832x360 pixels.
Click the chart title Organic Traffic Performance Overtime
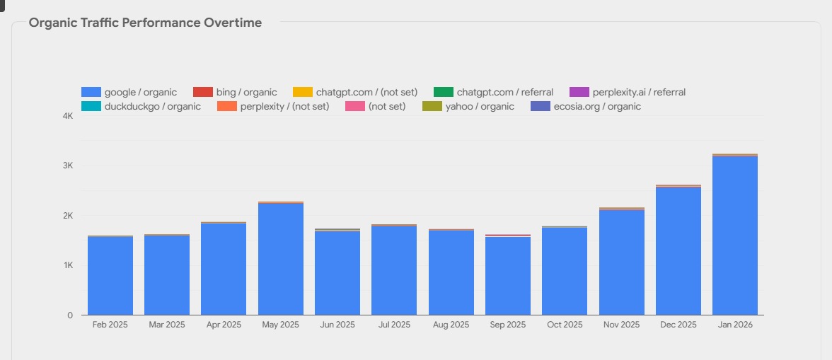145,23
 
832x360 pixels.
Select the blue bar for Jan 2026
735,236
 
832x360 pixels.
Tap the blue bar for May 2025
281,260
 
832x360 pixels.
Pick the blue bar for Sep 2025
508,276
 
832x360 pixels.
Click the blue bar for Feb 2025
110,276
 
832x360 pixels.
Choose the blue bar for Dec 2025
678,251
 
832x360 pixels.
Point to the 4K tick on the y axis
67,116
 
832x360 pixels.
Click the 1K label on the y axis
67,265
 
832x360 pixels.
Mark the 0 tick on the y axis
70,315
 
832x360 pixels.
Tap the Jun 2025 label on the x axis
337,325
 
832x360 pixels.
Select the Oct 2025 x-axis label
565,325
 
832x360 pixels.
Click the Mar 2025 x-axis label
167,325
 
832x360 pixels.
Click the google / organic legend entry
129,92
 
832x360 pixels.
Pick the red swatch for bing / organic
202,92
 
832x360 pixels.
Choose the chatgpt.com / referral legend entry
494,92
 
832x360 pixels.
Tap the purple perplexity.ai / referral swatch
579,92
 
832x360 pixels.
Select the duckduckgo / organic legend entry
141,107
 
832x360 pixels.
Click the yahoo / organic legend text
480,107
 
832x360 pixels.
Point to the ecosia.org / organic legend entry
586,107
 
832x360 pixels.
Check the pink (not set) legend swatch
355,107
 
